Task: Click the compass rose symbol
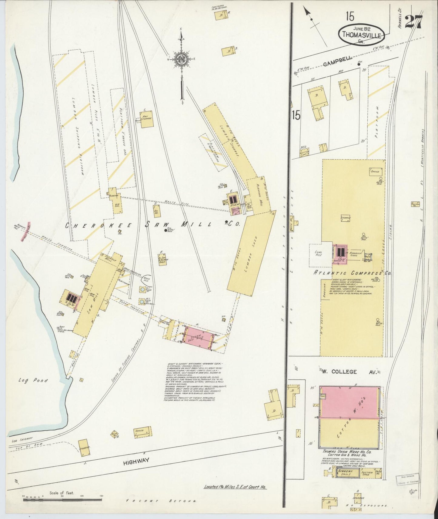tap(182, 58)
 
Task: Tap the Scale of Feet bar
tap(62, 499)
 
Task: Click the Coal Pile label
tap(318, 253)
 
